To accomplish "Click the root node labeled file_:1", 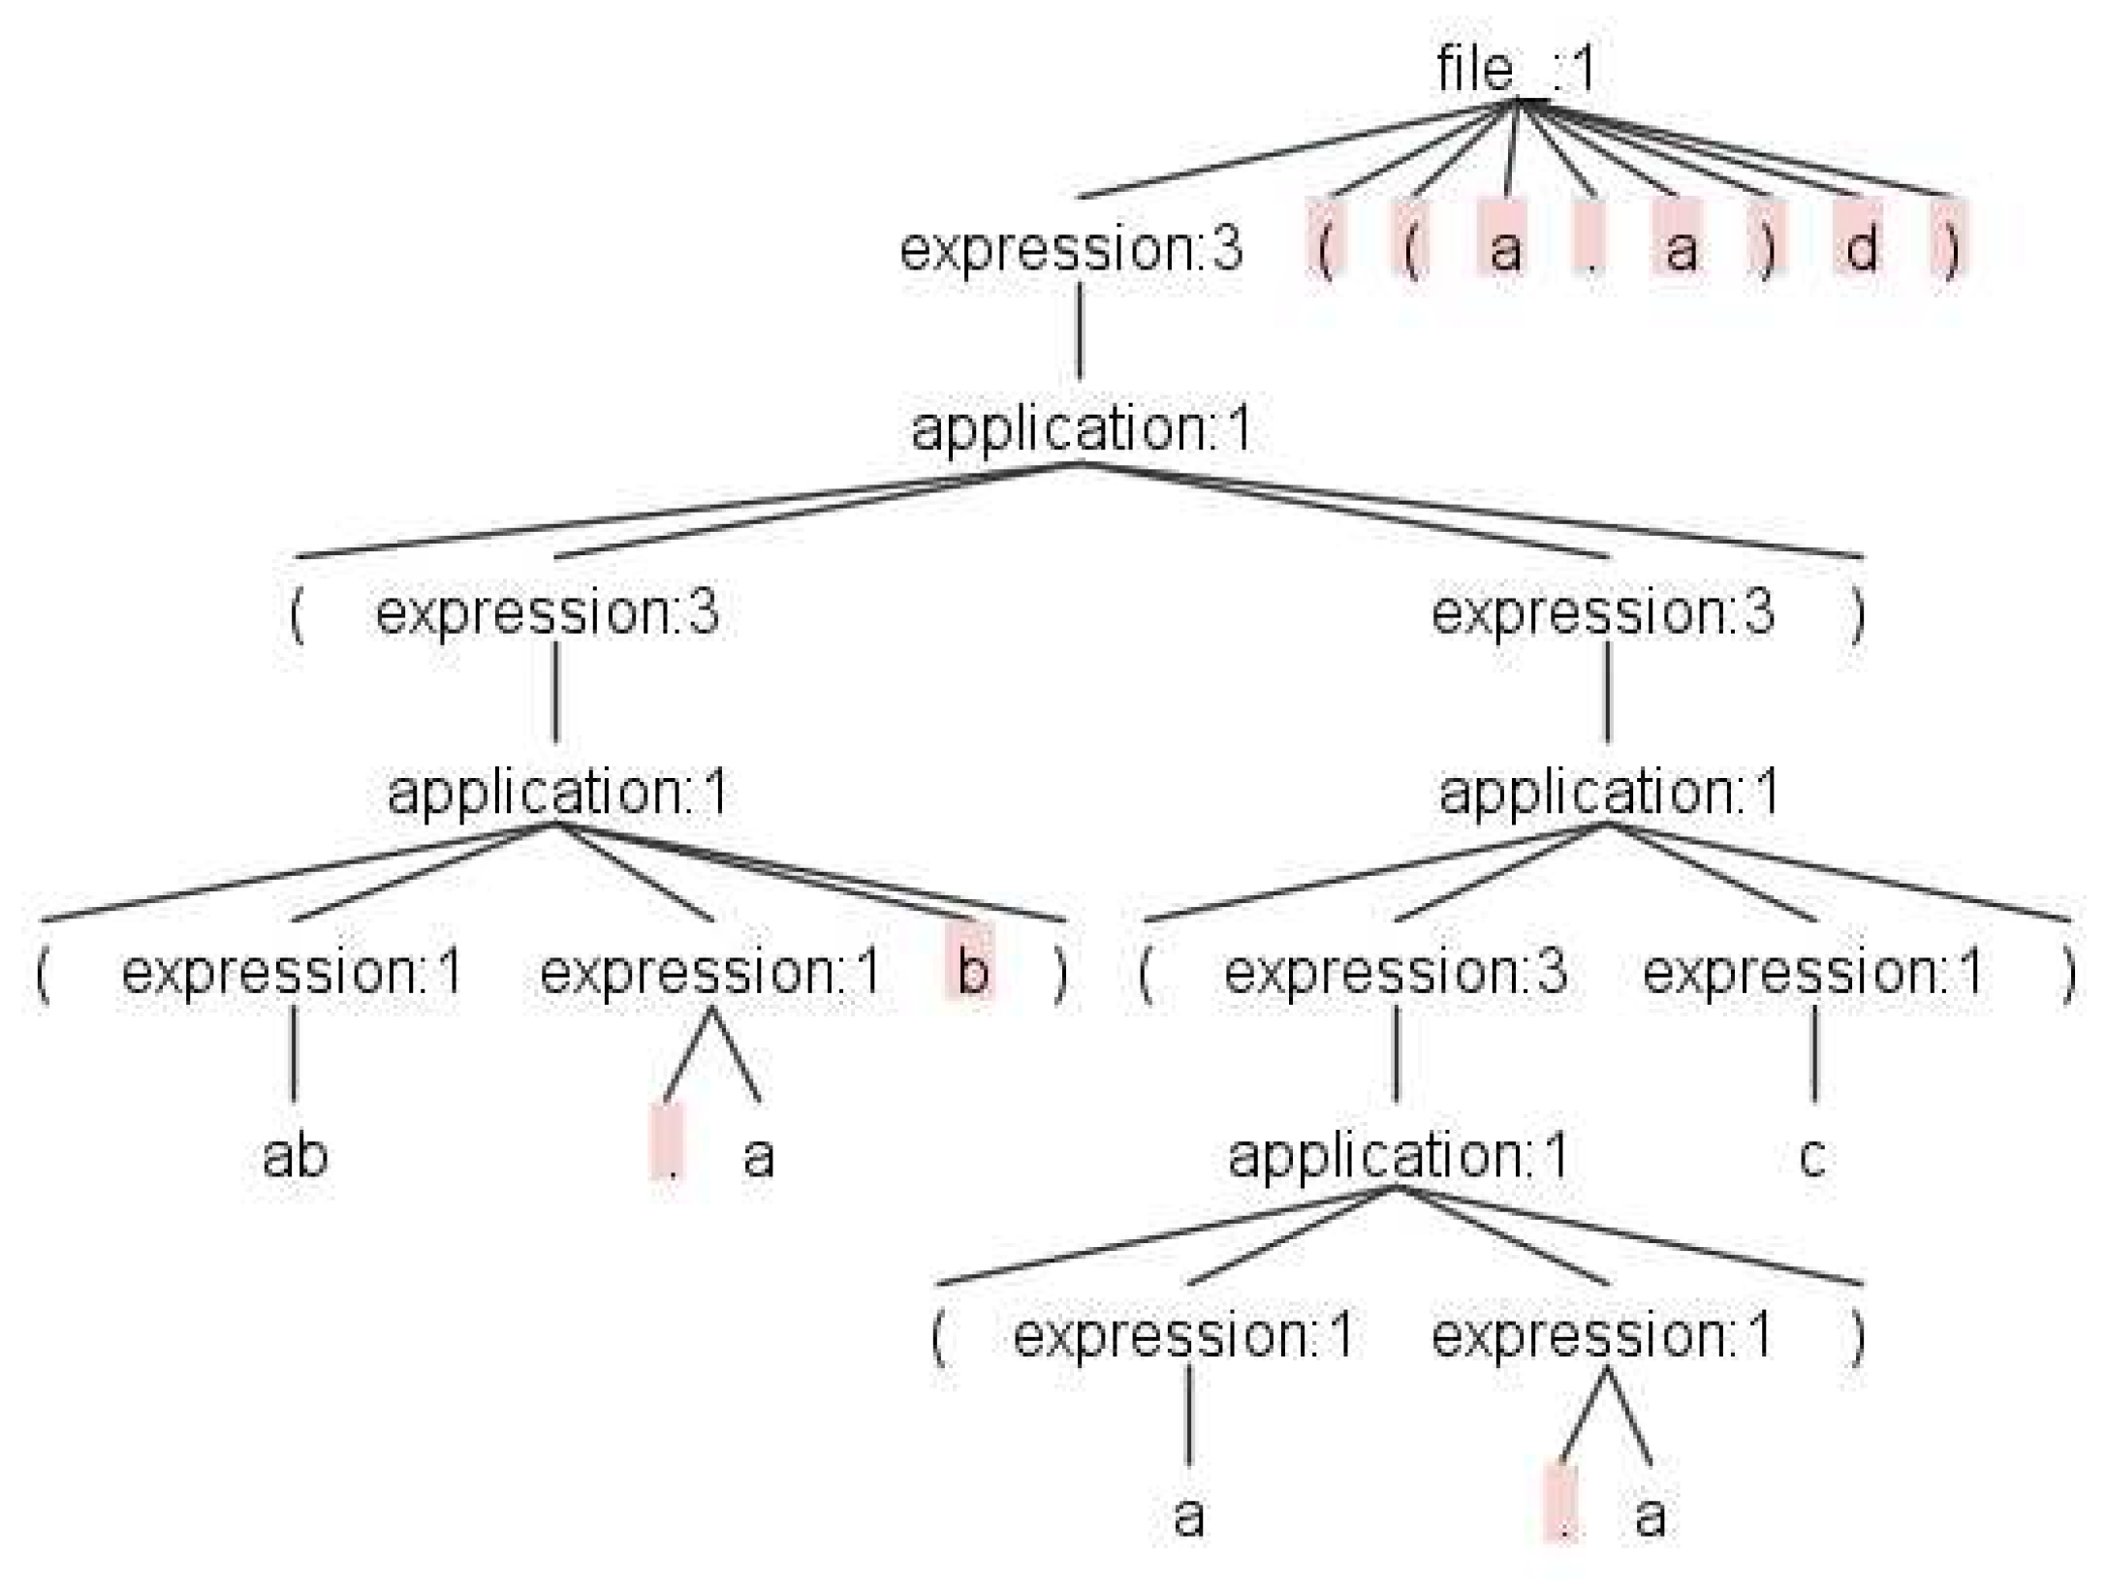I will pos(1515,70).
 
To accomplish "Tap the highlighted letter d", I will pos(1859,248).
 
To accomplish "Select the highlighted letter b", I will pos(971,971).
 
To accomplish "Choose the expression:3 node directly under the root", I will pos(1070,249).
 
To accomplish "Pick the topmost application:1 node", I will pos(1081,429).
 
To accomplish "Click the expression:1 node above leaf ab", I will pos(292,972).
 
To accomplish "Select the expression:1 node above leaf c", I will pos(1812,972).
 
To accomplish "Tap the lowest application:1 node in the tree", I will pos(1397,1156).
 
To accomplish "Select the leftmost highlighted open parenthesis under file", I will pos(1325,248).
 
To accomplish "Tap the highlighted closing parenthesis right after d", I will pos(1950,248).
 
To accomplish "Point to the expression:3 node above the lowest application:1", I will pos(1395,972).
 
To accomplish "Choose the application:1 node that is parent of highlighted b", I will pos(557,793).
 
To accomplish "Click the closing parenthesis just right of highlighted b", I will pos(1061,972).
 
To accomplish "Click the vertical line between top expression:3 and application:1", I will pos(1080,329).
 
